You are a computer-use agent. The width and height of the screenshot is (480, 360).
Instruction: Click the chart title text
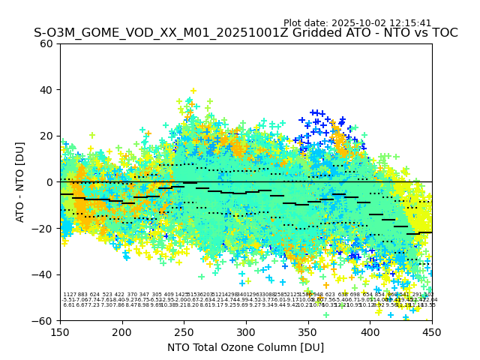pos(245,33)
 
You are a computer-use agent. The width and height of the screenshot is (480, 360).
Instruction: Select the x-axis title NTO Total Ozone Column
pos(245,347)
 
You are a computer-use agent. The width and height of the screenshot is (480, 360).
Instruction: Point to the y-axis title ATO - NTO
pos(20,181)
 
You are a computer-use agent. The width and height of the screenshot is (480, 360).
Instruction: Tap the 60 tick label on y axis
pos(46,43)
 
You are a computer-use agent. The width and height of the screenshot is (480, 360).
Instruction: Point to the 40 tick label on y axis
pos(46,90)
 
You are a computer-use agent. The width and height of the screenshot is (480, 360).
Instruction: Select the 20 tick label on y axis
pos(46,136)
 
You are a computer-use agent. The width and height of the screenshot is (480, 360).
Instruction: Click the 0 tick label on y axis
pos(49,182)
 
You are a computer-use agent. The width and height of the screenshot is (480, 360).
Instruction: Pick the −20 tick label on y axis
pos(43,228)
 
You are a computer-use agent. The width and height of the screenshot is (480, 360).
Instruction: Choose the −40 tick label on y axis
pos(43,274)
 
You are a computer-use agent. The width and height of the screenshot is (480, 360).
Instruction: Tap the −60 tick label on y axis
pos(43,320)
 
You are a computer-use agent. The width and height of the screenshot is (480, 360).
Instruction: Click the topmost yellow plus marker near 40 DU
pos(193,91)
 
